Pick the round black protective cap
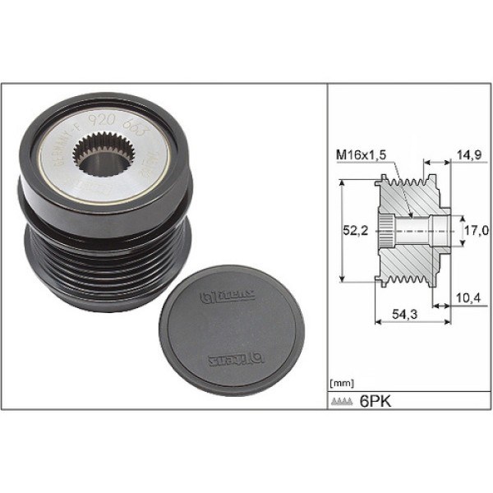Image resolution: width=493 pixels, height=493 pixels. (229, 329)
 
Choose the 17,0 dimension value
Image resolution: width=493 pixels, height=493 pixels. (472, 232)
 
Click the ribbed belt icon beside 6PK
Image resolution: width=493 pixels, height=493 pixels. (343, 403)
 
